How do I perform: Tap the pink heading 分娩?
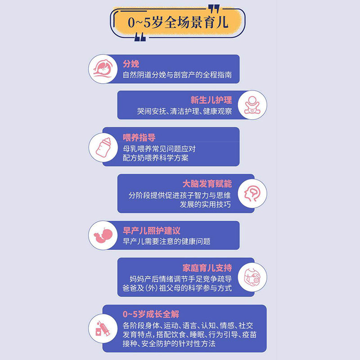tap(131, 64)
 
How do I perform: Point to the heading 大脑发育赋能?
tap(207, 184)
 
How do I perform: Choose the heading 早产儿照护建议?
tap(151, 230)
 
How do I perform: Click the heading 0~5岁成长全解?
tap(151, 314)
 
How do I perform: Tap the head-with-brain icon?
tap(252, 193)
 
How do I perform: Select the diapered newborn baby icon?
tap(252, 105)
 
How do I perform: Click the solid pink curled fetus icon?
tap(102, 235)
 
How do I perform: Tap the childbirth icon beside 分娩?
tap(102, 69)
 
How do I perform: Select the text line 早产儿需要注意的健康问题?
tap(166, 241)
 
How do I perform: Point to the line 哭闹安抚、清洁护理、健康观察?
tap(184, 111)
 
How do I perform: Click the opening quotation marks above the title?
tap(215, 8)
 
